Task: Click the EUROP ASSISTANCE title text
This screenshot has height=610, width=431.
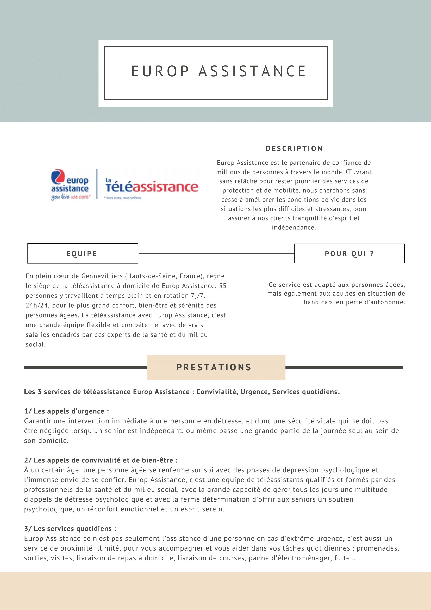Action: pyautogui.click(x=219, y=71)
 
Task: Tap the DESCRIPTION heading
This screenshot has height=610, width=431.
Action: pyautogui.click(x=294, y=149)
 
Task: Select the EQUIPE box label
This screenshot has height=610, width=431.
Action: pyautogui.click(x=82, y=254)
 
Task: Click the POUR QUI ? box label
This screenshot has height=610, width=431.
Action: pyautogui.click(x=349, y=254)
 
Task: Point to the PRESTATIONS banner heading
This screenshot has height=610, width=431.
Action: pyautogui.click(x=214, y=367)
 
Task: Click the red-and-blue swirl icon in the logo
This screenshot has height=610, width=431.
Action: pyautogui.click(x=58, y=176)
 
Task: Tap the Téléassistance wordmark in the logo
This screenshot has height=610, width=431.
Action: pyautogui.click(x=152, y=187)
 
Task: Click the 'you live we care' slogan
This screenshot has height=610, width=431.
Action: pyautogui.click(x=71, y=197)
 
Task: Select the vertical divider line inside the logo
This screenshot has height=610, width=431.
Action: pyautogui.click(x=97, y=184)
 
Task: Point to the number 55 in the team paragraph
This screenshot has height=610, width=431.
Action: pyautogui.click(x=222, y=286)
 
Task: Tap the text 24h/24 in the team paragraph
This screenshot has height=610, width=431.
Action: pyautogui.click(x=37, y=305)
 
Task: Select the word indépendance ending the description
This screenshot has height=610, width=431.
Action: pyautogui.click(x=293, y=227)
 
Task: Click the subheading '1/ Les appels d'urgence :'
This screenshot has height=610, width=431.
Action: pyautogui.click(x=66, y=411)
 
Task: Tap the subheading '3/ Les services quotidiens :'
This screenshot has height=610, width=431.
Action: pyautogui.click(x=70, y=529)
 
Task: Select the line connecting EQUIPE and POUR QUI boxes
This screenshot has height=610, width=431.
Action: pyautogui.click(x=216, y=253)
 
